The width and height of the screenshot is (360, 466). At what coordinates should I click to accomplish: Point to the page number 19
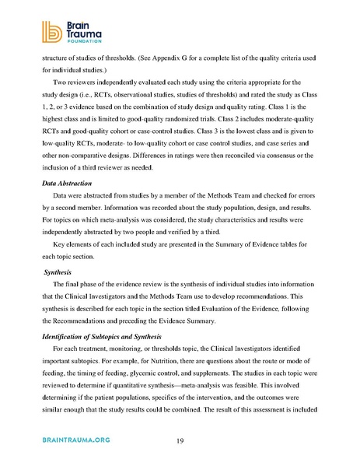click(x=180, y=441)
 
